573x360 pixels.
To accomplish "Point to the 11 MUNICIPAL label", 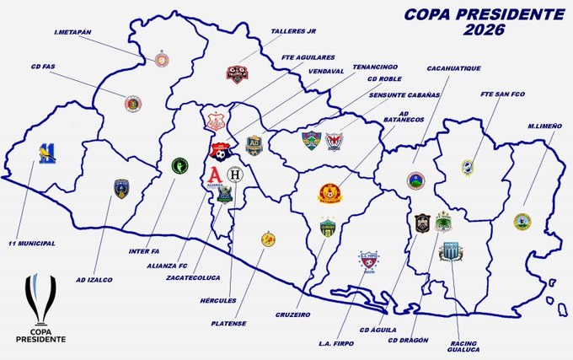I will (x=31, y=243).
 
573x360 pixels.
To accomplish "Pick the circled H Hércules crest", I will (x=235, y=175).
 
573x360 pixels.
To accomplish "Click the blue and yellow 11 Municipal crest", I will (x=47, y=152).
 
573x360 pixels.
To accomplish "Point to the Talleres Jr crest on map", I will (x=237, y=73).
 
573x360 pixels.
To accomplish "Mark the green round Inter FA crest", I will (x=179, y=165).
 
